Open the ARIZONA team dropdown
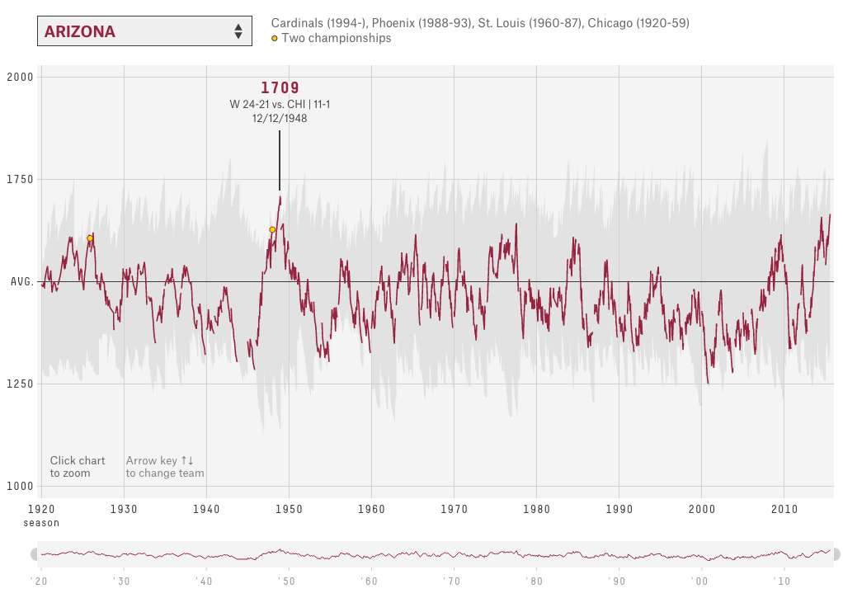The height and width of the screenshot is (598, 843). (x=143, y=31)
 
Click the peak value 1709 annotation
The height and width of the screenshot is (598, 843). (x=280, y=87)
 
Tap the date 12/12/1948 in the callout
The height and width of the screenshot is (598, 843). (x=280, y=118)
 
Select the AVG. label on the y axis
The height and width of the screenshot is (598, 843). (x=22, y=282)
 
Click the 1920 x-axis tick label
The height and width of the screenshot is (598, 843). (x=41, y=510)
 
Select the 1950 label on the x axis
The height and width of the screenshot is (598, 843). (x=289, y=510)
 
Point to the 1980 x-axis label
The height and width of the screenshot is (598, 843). (x=536, y=510)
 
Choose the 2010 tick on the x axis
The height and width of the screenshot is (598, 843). (x=784, y=510)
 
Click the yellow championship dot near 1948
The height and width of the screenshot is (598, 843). (x=272, y=230)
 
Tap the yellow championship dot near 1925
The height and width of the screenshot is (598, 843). (x=90, y=238)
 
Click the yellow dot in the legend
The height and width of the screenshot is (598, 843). (x=275, y=38)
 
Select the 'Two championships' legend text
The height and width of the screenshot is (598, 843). (x=337, y=38)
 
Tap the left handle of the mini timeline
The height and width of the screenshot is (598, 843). (x=35, y=554)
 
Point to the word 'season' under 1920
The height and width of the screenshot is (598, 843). (x=41, y=523)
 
